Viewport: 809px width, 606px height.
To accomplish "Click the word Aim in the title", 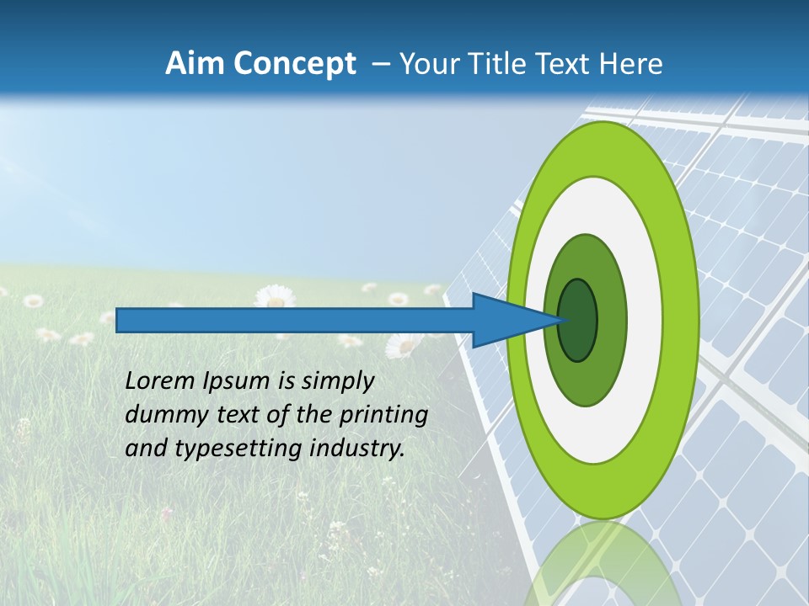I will pos(196,64).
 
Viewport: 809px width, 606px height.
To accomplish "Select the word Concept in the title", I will pos(294,64).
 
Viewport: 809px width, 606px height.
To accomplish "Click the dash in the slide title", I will pos(380,65).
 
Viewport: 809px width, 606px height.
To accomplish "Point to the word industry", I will pos(357,449).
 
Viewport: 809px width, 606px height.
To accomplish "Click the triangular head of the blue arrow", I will pos(506,320).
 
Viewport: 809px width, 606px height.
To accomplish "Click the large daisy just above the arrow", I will pos(274,296).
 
